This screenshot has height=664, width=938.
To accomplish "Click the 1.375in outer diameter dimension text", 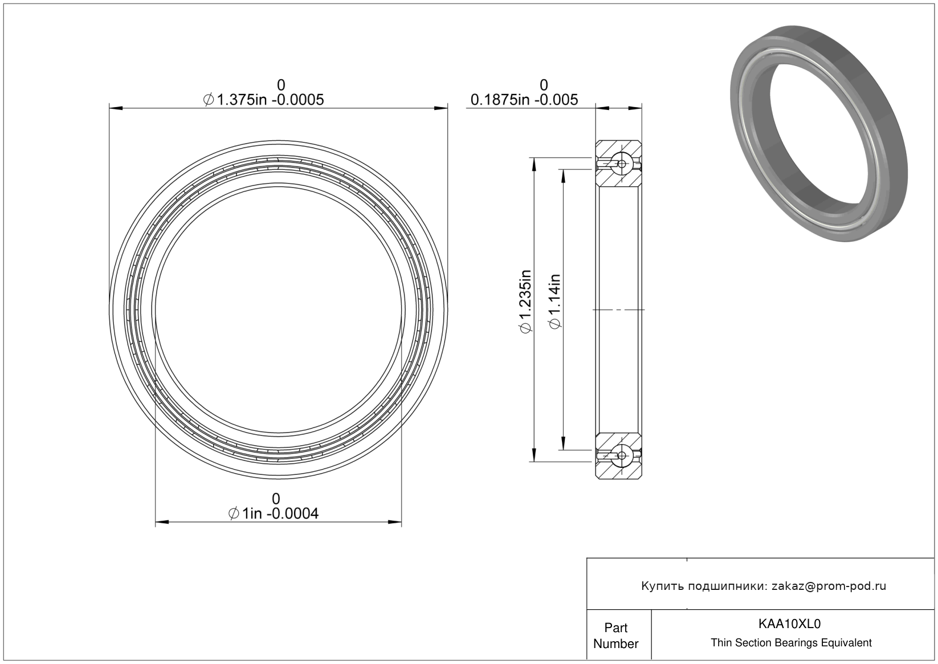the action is [x=263, y=100].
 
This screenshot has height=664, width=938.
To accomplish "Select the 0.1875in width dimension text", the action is [x=524, y=100].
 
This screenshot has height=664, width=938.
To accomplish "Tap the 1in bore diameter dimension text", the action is [x=274, y=514].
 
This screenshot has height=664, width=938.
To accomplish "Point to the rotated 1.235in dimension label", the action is [x=525, y=301].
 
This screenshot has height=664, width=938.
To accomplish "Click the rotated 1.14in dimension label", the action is [x=554, y=301].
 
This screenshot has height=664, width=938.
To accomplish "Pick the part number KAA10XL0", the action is [x=790, y=624].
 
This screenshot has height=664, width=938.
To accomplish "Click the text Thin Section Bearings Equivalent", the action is [x=791, y=643].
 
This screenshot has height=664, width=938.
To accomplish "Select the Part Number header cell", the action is [x=616, y=636].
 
